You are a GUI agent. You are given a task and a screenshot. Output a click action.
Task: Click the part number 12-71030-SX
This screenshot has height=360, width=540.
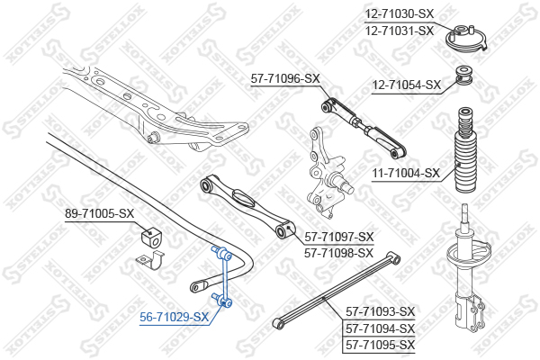click(x=400, y=14)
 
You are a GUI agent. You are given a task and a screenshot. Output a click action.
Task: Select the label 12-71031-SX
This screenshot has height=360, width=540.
click(x=400, y=31)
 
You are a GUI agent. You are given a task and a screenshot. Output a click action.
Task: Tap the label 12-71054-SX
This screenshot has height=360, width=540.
click(x=407, y=85)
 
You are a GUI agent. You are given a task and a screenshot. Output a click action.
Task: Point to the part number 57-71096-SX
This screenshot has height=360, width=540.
click(x=285, y=78)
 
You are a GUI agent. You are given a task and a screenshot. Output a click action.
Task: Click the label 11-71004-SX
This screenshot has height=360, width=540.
click(x=407, y=173)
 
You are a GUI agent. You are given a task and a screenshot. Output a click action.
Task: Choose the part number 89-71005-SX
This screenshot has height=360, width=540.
click(x=100, y=213)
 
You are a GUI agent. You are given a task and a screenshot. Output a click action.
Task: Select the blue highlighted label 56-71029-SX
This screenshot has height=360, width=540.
click(x=175, y=317)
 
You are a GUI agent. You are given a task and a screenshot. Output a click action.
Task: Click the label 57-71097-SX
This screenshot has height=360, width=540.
click(x=339, y=237)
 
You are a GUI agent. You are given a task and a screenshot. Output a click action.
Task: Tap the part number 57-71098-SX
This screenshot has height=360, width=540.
click(x=339, y=253)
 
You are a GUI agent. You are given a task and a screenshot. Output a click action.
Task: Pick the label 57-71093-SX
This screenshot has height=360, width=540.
click(x=380, y=311)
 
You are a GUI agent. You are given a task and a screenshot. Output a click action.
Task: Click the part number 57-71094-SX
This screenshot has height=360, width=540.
click(x=380, y=328)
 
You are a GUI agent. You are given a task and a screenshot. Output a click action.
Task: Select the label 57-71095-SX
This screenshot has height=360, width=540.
click(x=380, y=345)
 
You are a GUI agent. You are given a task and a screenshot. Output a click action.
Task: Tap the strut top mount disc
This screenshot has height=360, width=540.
click(x=467, y=39)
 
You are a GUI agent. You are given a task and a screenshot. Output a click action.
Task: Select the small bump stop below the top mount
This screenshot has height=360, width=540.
click(x=463, y=76)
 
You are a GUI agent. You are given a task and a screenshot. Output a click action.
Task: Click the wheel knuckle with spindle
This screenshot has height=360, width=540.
click(x=327, y=173)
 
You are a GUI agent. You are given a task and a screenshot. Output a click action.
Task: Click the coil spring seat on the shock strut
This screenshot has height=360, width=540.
click(x=469, y=255)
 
